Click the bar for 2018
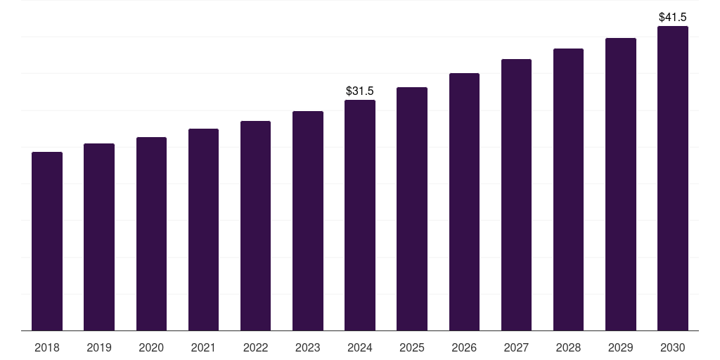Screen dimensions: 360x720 click(47, 241)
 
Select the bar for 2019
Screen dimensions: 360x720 click(99, 237)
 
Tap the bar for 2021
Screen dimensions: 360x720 click(203, 230)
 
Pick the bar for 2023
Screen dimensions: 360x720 click(308, 221)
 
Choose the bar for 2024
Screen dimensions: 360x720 click(360, 215)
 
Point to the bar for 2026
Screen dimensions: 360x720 click(464, 202)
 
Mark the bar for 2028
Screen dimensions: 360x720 click(568, 190)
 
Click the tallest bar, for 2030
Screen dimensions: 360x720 click(673, 179)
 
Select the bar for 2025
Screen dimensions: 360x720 click(412, 209)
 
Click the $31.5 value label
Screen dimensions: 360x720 click(360, 91)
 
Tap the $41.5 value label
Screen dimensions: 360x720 click(673, 17)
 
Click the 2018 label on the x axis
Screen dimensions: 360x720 click(47, 347)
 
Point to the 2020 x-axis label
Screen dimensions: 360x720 click(151, 347)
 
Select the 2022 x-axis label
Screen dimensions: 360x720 click(255, 347)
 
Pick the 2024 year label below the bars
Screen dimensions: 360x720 click(360, 347)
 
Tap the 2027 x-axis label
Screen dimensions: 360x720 click(516, 347)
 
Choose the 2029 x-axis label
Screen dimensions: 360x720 click(621, 347)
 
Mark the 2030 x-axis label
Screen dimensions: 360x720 click(673, 347)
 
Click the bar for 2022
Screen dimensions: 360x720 click(255, 226)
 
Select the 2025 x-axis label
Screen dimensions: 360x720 click(412, 347)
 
